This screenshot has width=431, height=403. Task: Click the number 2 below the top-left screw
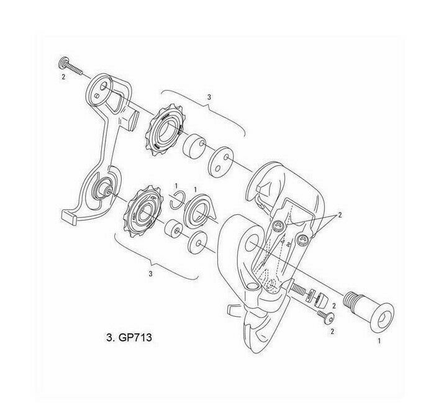click(63, 78)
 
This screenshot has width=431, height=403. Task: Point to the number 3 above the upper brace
click(209, 97)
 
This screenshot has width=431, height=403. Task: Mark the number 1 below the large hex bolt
click(379, 340)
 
